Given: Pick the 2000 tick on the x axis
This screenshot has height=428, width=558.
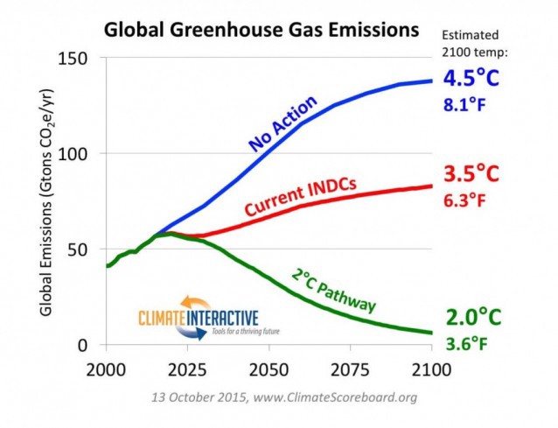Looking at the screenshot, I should point(106,366).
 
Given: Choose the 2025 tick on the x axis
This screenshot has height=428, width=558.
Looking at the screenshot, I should point(186,366).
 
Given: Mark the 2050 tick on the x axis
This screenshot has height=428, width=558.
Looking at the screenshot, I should point(268,366).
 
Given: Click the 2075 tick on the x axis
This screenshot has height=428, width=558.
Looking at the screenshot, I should point(349,366).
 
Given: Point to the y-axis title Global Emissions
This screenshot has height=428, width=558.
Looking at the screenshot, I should point(51,201).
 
